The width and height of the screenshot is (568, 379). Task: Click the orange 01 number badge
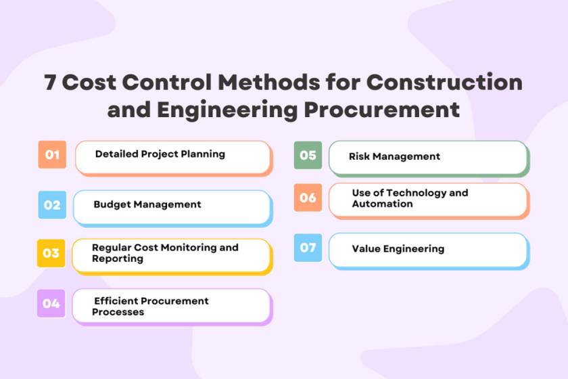52,154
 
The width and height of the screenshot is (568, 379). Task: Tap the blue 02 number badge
52,205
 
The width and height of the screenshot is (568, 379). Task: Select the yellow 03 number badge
51,253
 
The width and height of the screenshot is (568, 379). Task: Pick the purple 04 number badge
51,303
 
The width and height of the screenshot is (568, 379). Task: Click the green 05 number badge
308,155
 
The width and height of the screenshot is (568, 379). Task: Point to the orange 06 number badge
308,198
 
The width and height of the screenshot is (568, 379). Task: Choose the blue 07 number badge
308,248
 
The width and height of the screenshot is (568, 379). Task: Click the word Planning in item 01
203,154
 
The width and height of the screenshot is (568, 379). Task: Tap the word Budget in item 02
112,204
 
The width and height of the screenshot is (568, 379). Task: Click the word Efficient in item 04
116,300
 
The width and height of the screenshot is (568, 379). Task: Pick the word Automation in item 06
383,204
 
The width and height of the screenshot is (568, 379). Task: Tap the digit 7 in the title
50,82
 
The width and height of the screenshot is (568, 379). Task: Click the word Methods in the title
269,82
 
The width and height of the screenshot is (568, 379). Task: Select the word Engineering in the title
227,110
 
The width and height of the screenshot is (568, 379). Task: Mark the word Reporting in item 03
118,259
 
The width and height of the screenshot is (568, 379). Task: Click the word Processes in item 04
118,312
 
